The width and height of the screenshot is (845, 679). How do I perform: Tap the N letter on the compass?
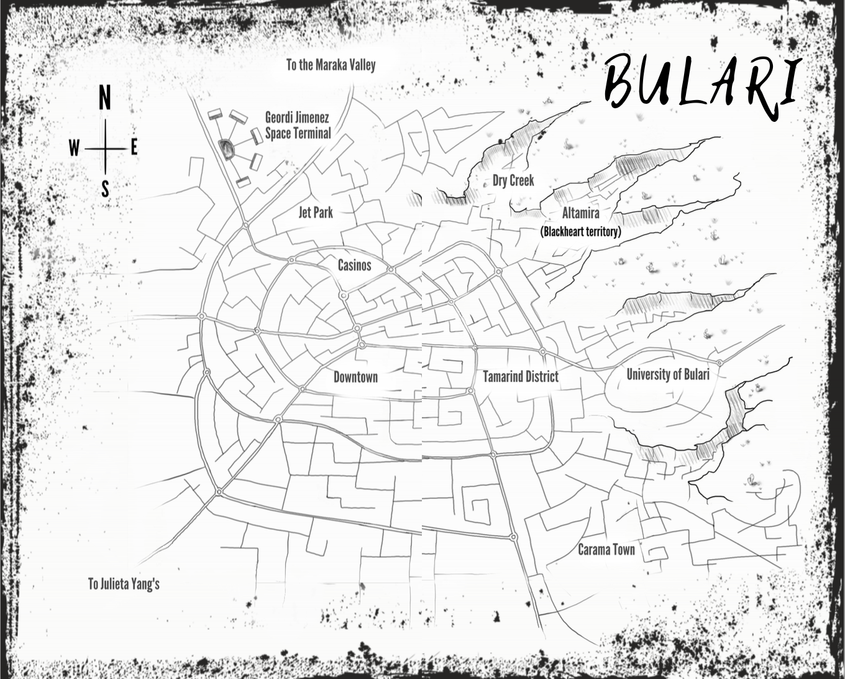pos(105,98)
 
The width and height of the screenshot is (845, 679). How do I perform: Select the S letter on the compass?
pos(105,188)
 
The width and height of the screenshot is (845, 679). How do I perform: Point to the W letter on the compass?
pos(74,149)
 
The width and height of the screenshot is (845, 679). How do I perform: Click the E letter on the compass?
pos(134,148)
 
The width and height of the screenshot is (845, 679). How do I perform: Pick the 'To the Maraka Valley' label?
pos(331,65)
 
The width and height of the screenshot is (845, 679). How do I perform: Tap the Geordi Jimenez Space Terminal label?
pos(298,124)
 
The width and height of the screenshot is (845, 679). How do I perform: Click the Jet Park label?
pos(316,212)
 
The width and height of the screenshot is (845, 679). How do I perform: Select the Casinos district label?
pos(354,266)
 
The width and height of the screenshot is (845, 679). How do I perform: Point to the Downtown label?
pos(355,377)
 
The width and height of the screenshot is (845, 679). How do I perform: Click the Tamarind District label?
pos(521,376)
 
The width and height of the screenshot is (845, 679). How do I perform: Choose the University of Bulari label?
pos(667,374)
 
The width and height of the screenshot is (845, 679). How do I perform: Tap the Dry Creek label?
pos(513,180)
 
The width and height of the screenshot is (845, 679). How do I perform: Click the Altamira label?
pos(580,213)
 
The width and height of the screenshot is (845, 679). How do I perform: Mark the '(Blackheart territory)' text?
pos(580,232)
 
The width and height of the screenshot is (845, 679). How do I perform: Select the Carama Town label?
pos(606,549)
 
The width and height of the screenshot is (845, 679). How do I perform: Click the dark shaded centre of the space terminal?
pos(226,149)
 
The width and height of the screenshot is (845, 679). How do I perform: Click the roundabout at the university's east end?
pos(719,363)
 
